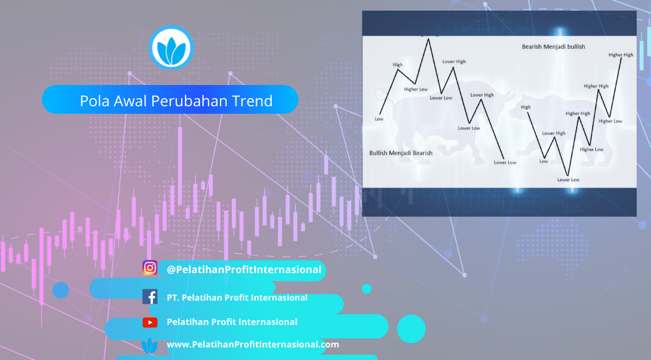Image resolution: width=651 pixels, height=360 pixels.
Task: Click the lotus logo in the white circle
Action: (171, 47)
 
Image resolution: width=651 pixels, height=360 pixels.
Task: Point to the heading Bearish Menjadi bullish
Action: (553, 46)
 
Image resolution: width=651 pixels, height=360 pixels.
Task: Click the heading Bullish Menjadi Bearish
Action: (400, 153)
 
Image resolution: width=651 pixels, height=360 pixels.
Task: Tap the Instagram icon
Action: (150, 268)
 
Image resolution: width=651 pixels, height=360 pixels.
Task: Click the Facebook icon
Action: (150, 297)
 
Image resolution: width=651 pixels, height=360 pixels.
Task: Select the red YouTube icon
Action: (150, 322)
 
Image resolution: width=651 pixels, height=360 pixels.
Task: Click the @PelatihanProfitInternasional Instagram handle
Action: (244, 270)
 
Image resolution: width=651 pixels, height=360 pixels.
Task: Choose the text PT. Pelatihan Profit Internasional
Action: (237, 297)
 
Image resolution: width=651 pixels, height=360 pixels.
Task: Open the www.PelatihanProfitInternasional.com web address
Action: (252, 344)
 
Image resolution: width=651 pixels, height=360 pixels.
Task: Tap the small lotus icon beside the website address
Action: (149, 346)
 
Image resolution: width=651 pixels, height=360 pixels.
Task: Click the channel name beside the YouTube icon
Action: (232, 322)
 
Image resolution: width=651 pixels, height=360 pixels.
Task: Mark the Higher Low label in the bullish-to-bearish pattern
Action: (415, 89)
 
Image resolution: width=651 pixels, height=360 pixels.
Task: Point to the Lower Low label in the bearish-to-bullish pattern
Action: (568, 180)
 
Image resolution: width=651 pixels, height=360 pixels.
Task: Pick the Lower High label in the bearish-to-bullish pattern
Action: (554, 133)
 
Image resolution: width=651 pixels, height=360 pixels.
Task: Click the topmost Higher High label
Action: (620, 55)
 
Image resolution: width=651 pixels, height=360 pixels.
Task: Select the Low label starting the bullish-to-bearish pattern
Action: (379, 119)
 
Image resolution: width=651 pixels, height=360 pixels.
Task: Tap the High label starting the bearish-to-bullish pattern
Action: (525, 107)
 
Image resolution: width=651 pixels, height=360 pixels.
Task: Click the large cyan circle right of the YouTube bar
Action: (411, 329)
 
